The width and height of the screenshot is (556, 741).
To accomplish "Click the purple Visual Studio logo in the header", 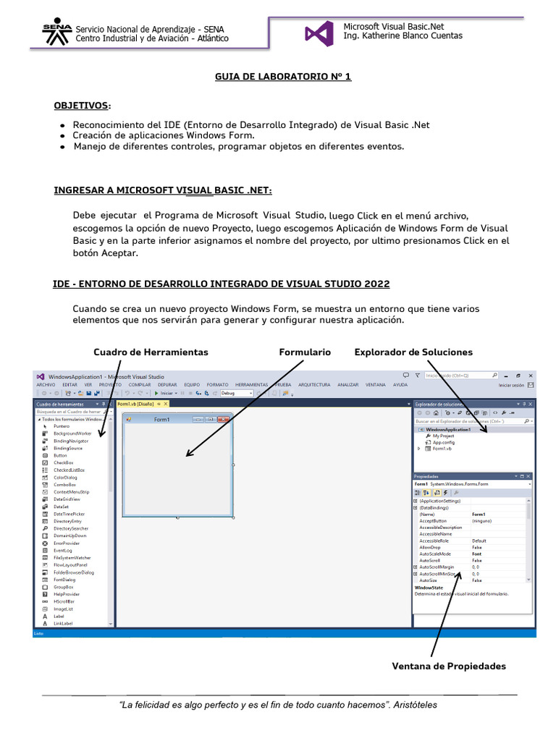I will (319, 33).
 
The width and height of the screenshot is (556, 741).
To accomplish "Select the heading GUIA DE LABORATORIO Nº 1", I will (283, 76).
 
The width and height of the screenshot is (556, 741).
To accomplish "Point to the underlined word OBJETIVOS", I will (82, 106).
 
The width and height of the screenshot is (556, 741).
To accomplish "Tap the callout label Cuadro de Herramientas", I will (151, 352).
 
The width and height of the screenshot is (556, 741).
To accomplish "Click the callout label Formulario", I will (305, 352).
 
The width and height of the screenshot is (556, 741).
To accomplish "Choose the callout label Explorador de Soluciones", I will (413, 352).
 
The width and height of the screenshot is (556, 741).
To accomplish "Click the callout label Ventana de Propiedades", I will (448, 666).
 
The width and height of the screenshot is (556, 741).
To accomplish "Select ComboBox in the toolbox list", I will (64, 485).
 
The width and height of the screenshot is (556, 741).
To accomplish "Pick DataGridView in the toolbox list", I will (67, 499).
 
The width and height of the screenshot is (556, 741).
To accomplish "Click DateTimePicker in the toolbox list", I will (69, 514).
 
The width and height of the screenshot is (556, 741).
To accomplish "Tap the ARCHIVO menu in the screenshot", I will (46, 385).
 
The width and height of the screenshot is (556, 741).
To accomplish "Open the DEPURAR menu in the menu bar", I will (167, 385).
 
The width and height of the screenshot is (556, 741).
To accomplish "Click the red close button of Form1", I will (223, 419).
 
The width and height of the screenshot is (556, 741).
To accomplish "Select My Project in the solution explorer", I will (443, 436).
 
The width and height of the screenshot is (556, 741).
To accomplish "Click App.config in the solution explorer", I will (443, 442).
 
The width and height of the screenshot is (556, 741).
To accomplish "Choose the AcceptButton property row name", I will (433, 520).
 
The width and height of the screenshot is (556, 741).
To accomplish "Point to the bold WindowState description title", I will (429, 588).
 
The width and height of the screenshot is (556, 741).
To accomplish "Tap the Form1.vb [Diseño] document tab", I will (135, 404).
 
